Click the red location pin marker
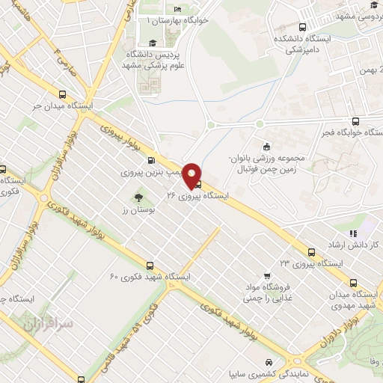click(x=192, y=174)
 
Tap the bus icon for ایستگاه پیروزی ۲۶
click(x=197, y=184)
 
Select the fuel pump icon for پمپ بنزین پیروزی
click(x=152, y=160)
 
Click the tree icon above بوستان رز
click(x=137, y=198)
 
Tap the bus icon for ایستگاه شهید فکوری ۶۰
click(x=150, y=266)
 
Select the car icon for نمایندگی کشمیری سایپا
click(x=266, y=362)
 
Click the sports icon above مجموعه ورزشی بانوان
click(x=266, y=146)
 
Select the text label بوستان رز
click(x=137, y=212)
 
